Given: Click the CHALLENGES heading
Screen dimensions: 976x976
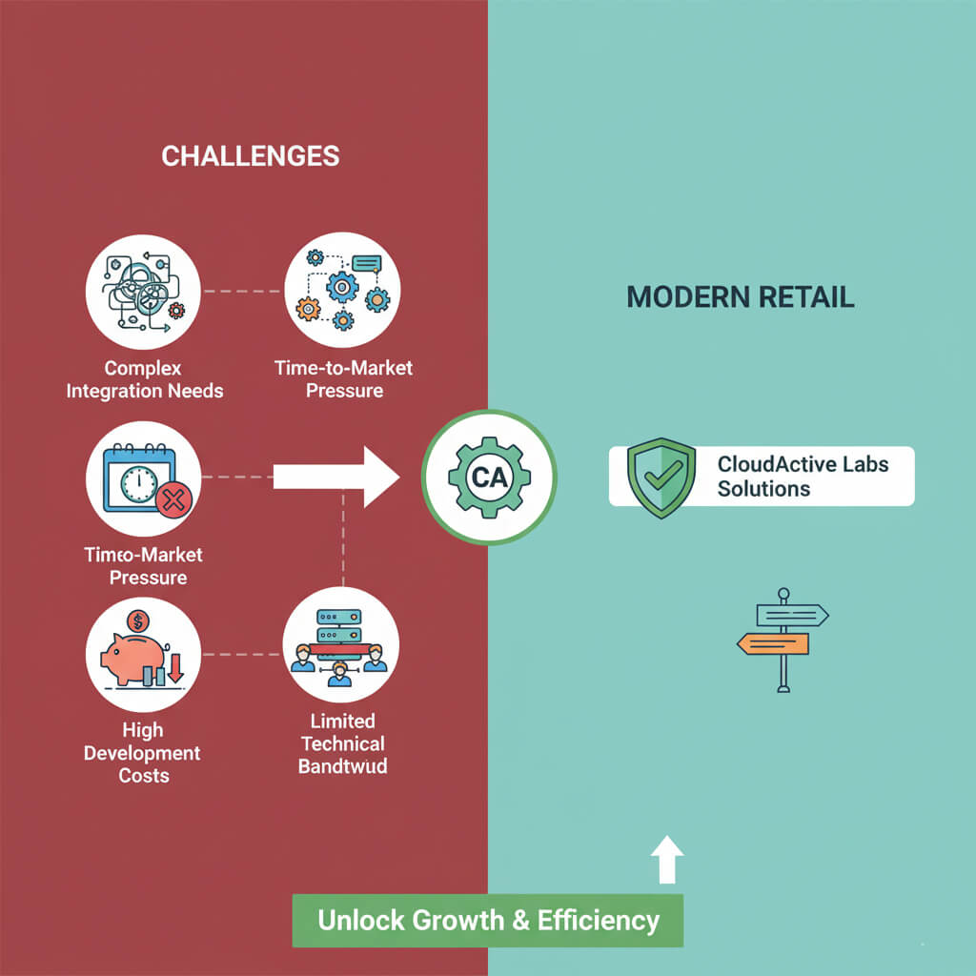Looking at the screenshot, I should tap(250, 155).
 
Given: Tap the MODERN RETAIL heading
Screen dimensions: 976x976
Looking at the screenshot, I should tap(740, 296).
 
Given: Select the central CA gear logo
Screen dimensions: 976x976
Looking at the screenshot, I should tap(489, 478).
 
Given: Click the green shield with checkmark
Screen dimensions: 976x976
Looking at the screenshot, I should tap(661, 477).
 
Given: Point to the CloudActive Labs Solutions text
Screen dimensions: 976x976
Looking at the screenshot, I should tap(803, 477).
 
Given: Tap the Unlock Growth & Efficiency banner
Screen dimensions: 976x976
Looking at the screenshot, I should tap(488, 920).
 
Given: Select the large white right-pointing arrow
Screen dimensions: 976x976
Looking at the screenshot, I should tap(335, 474).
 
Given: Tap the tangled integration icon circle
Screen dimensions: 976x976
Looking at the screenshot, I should tap(143, 290).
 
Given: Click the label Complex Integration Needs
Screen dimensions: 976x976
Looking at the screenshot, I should tap(144, 379).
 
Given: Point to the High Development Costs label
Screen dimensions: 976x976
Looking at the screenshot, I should tap(143, 753).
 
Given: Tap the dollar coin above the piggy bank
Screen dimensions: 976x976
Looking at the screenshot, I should tap(138, 621).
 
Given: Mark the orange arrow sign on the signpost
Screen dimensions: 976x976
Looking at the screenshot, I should tap(773, 645).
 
